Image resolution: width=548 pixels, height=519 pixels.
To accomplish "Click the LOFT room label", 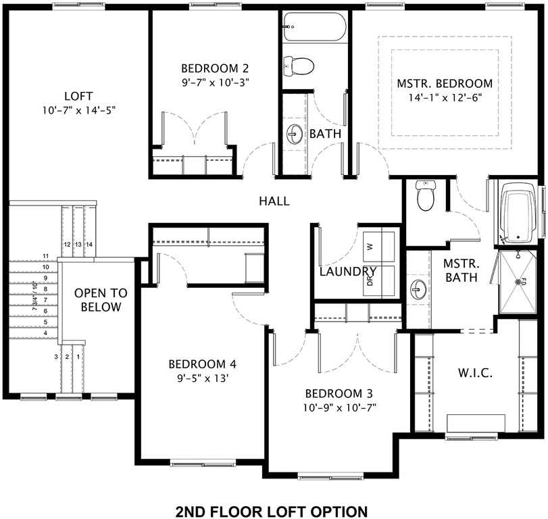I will [78, 95].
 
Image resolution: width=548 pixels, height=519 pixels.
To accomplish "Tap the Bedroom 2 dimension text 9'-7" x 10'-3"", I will [215, 82].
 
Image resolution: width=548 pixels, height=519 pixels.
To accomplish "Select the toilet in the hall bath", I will [299, 66].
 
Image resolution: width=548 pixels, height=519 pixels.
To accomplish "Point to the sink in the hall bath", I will [295, 133].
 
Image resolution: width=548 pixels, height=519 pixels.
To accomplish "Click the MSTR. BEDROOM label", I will [444, 83].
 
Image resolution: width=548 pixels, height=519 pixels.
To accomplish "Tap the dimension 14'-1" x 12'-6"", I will [444, 97].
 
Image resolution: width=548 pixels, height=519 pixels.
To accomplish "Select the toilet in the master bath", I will [425, 195].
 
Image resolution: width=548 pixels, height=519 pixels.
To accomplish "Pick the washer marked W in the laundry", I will [370, 246].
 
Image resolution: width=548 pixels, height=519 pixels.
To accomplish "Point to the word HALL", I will [274, 201].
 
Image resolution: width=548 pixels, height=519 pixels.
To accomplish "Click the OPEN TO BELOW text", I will [98, 300].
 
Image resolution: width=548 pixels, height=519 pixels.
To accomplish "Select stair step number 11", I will [46, 255].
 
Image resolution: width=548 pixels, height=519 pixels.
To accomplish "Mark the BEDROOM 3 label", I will [339, 394].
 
